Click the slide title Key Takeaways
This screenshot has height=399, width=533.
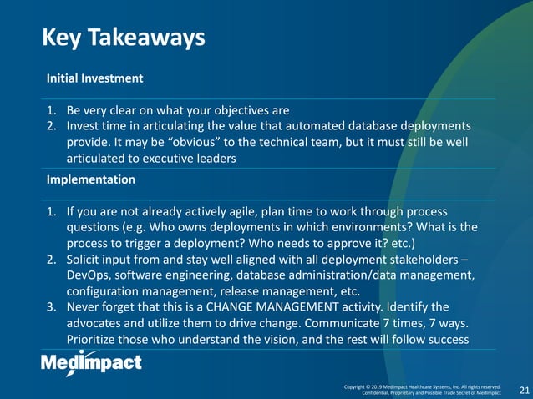click(124, 38)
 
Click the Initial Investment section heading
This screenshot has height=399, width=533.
click(94, 78)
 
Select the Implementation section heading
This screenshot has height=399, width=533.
click(90, 179)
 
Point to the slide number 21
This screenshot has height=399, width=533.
click(525, 390)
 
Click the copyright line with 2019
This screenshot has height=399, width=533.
click(422, 386)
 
